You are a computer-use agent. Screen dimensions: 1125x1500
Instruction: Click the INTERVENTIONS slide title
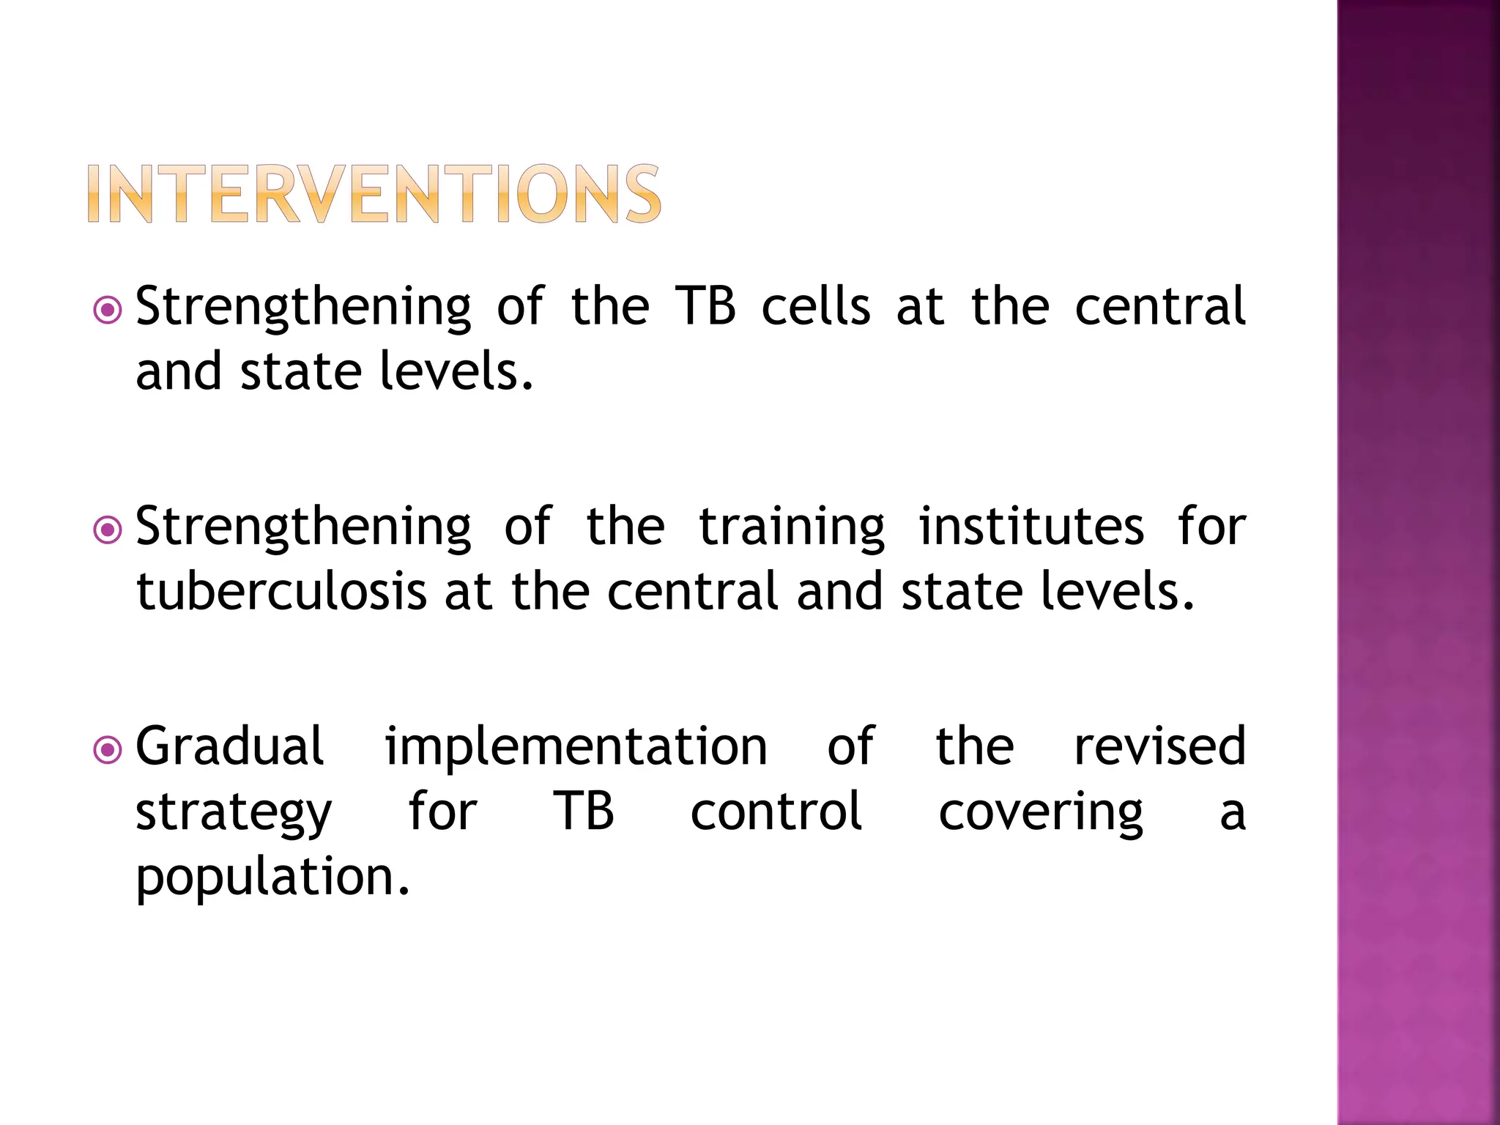tap(374, 193)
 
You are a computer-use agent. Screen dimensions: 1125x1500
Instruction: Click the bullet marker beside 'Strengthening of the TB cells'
tap(108, 311)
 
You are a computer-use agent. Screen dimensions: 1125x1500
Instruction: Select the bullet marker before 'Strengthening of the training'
tap(108, 530)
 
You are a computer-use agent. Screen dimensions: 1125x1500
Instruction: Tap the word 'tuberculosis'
tap(281, 592)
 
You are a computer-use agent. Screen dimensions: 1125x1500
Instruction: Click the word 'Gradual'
tap(229, 746)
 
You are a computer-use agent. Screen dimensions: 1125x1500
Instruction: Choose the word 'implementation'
tap(576, 746)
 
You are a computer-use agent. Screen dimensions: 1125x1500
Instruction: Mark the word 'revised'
tap(1159, 746)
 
